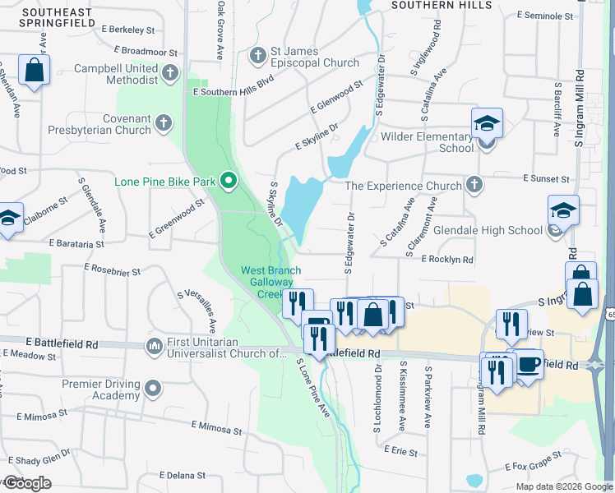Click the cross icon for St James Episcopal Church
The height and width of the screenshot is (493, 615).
pos(257,56)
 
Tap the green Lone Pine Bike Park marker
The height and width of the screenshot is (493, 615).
pos(229,181)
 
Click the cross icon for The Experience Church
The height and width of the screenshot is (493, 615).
pos(474,185)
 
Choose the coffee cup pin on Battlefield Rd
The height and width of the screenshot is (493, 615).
pos(526,363)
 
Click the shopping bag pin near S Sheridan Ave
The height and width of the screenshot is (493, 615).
pos(35,70)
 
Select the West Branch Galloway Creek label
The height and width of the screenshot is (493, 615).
pos(271,282)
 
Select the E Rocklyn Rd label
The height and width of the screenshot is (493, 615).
pos(447,260)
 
